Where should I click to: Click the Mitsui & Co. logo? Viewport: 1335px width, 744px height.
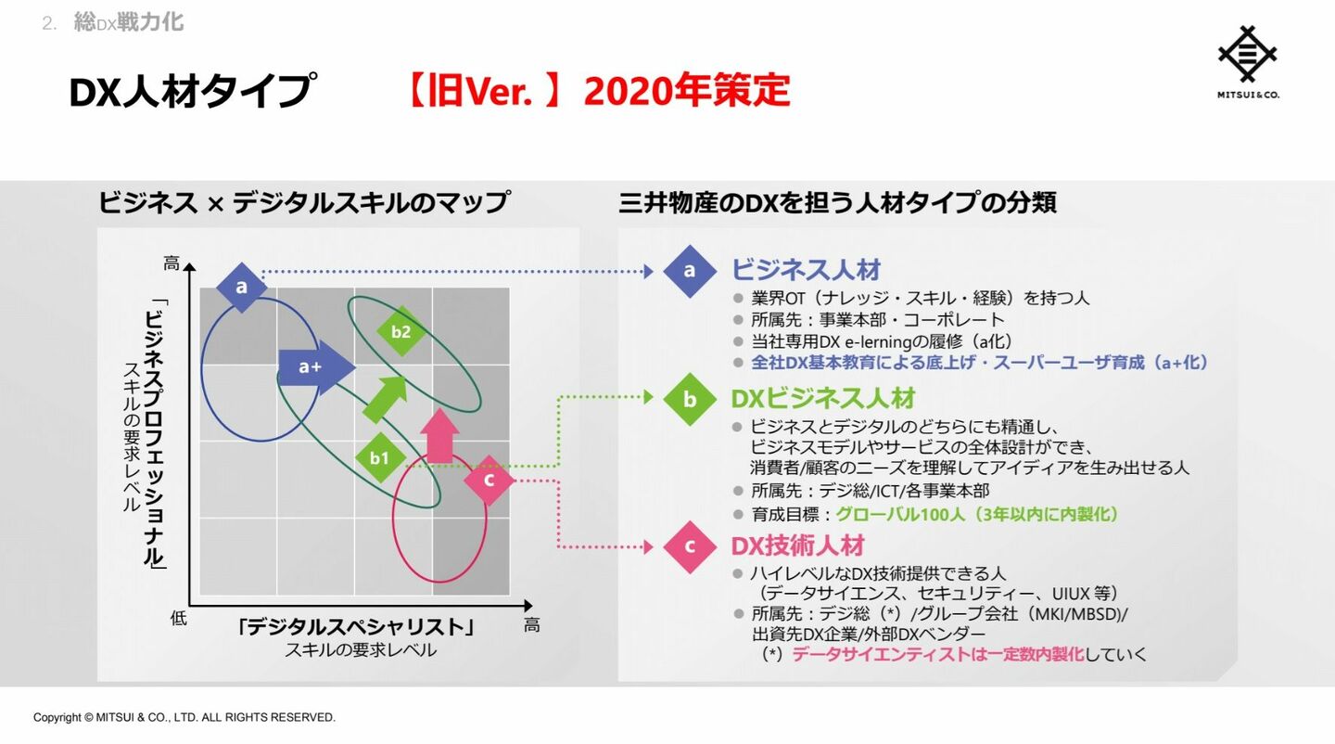click(x=1248, y=62)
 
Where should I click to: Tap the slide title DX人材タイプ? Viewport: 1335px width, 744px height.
click(x=192, y=91)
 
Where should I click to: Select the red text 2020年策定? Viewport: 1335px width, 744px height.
click(x=687, y=91)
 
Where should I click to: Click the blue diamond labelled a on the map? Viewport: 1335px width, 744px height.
click(x=241, y=288)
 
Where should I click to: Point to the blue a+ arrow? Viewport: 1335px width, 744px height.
click(x=316, y=367)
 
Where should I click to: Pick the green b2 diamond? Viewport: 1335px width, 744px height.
click(x=401, y=331)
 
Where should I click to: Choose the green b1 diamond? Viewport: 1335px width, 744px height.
click(x=380, y=458)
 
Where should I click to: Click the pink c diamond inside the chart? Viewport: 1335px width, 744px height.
click(x=489, y=480)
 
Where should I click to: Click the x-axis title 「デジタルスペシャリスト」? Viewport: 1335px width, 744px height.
click(x=356, y=627)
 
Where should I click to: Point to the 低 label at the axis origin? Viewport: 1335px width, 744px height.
click(x=178, y=618)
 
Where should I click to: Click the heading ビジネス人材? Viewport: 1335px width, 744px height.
click(x=806, y=270)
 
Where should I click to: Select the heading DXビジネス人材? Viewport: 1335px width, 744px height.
click(x=823, y=399)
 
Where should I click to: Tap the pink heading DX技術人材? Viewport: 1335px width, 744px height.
click(x=798, y=546)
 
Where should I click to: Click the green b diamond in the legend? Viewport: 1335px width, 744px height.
click(x=690, y=399)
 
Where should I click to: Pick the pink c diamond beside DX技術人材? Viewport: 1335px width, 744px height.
click(x=690, y=546)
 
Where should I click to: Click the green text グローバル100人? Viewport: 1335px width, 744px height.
click(x=900, y=514)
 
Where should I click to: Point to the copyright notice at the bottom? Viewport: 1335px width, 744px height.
click(x=184, y=717)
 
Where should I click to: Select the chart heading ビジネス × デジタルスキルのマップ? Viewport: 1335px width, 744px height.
click(x=304, y=202)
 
